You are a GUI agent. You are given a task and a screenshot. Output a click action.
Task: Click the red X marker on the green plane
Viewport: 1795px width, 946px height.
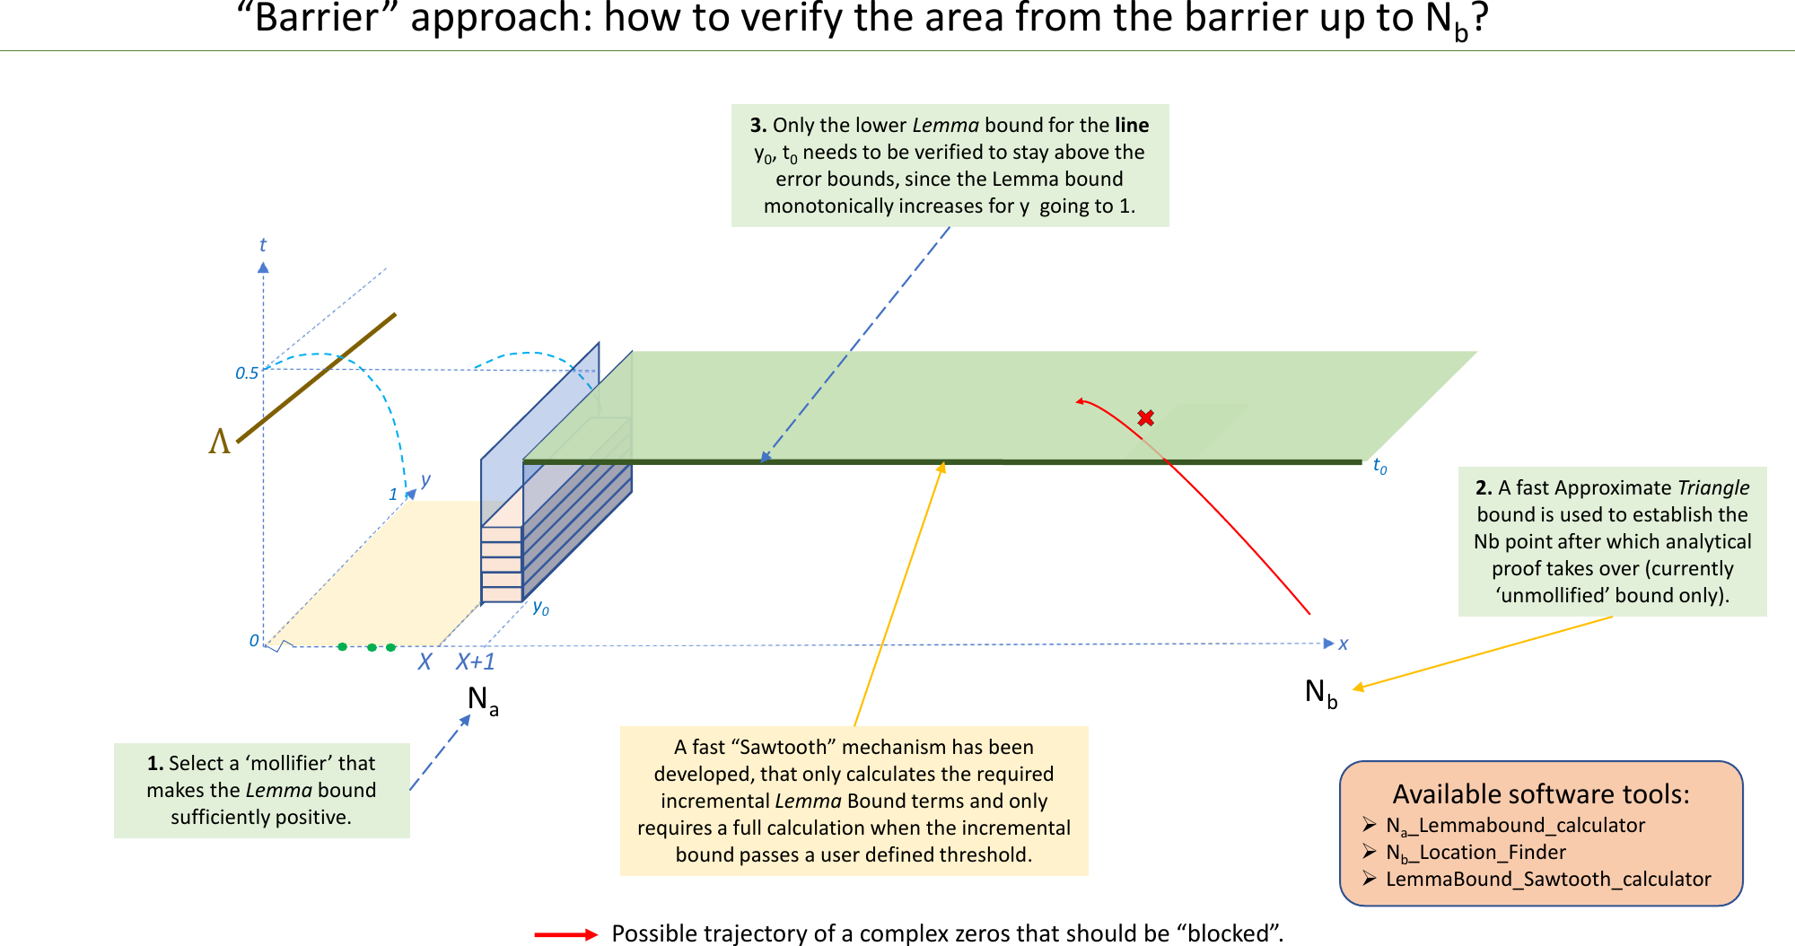pos(1145,417)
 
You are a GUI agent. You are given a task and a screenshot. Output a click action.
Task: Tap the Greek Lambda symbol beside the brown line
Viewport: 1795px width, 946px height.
pos(219,442)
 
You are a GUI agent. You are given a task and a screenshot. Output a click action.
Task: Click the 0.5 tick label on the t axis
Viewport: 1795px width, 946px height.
pos(246,373)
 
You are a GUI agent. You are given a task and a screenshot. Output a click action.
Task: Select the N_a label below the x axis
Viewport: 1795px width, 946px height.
pos(482,700)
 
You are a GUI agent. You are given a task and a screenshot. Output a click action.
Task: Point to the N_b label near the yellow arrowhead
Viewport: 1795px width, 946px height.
pos(1320,693)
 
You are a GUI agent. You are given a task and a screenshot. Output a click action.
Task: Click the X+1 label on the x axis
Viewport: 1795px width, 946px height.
pos(475,662)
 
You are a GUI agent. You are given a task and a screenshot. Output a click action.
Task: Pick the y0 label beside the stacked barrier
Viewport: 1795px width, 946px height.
pos(540,608)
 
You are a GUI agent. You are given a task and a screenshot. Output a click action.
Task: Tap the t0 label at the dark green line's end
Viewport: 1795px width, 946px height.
pos(1379,467)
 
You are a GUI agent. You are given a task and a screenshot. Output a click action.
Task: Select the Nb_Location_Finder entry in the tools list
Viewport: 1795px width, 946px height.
pos(1475,853)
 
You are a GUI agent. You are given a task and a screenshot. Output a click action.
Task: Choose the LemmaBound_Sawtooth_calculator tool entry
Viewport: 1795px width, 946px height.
pos(1548,880)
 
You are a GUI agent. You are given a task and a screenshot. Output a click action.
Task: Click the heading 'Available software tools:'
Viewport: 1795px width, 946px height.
pos(1540,794)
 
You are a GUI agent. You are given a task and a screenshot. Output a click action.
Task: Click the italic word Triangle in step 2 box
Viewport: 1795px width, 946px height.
pos(1712,487)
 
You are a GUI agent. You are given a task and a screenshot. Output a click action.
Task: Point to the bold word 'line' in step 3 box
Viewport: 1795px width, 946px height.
pos(1132,125)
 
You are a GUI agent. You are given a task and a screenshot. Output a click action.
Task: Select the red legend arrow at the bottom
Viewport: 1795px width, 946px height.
pos(565,934)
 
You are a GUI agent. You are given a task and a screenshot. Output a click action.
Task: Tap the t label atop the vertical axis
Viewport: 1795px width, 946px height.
pos(262,245)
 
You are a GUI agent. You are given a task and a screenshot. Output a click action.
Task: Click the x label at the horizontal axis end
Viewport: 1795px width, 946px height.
pos(1343,644)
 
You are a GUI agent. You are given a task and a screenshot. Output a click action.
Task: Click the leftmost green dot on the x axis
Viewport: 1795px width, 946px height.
pos(342,646)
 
